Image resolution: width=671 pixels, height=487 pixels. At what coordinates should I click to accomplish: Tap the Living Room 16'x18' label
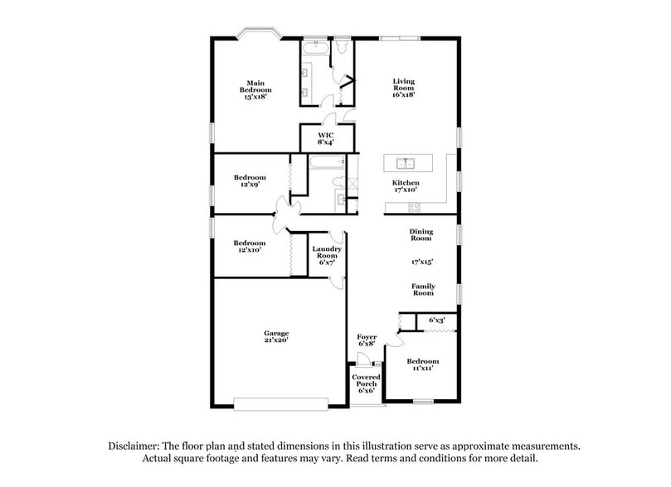pos(404,88)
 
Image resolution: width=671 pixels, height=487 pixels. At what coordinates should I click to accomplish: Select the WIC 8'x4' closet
pos(327,138)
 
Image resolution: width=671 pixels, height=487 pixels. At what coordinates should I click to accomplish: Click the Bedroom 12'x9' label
pos(249,181)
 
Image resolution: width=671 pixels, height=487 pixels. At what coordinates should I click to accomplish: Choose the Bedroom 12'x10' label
pos(249,246)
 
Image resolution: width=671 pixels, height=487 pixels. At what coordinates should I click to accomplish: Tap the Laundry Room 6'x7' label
pos(327,256)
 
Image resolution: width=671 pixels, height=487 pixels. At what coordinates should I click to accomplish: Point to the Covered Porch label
pos(367,384)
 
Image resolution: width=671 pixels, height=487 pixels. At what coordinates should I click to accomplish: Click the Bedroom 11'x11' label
pos(423,365)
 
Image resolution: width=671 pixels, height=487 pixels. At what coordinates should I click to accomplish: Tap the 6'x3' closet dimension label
pos(436,320)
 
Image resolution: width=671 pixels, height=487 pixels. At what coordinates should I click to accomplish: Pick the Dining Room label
pos(421,235)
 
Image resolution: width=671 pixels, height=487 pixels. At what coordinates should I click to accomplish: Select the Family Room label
pos(423,290)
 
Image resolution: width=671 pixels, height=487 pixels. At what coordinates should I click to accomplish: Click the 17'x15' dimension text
pos(422,262)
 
